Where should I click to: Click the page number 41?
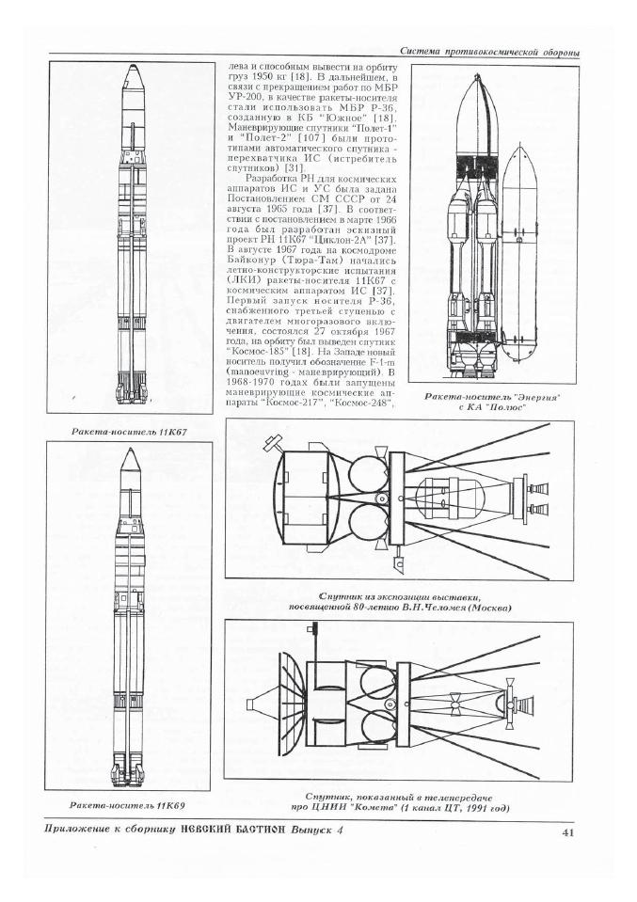point(567,832)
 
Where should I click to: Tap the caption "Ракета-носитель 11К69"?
point(127,805)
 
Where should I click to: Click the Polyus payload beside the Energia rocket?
point(519,253)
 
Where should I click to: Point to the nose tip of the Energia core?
point(478,75)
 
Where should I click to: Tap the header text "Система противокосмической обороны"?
point(489,53)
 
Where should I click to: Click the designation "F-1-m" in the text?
point(381,361)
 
